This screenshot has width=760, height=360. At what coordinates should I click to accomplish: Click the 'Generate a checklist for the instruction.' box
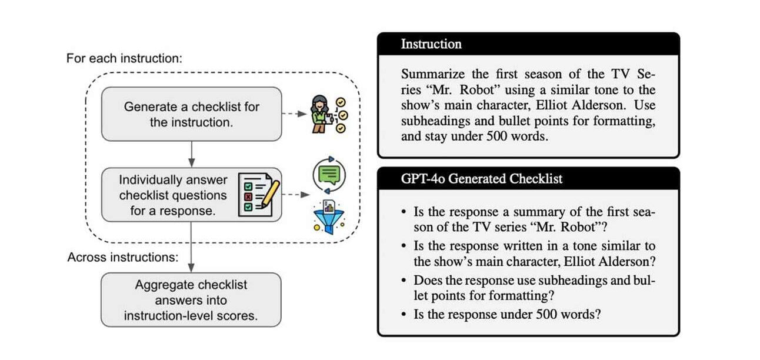(191, 114)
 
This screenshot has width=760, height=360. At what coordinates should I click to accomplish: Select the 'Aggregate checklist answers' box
(191, 300)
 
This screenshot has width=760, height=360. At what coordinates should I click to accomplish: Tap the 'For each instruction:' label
(124, 58)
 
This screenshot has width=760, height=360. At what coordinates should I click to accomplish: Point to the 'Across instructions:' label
(123, 257)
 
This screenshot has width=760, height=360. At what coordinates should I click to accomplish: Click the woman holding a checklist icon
(328, 114)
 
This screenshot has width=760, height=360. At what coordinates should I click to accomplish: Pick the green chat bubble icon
(329, 175)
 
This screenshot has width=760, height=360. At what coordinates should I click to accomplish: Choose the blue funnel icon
(329, 217)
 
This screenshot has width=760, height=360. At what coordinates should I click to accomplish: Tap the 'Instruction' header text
(431, 44)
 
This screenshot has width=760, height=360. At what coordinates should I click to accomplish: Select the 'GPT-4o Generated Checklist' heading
(481, 178)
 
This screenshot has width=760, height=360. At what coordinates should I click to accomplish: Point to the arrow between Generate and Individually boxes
(192, 154)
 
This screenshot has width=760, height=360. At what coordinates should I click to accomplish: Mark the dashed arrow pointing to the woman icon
(295, 114)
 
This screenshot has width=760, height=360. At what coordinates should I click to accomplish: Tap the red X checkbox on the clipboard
(248, 197)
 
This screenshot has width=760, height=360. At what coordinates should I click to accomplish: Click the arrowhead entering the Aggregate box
(191, 268)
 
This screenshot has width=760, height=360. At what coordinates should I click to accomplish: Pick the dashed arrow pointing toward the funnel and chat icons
(296, 195)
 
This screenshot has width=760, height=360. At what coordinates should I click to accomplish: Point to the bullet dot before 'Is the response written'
(404, 246)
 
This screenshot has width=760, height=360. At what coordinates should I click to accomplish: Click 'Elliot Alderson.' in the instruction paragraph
(581, 105)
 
